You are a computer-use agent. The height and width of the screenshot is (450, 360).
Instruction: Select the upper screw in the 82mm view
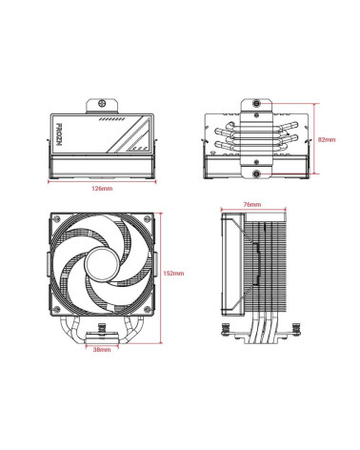257,102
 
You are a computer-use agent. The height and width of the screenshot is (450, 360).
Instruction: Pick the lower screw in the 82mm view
257,174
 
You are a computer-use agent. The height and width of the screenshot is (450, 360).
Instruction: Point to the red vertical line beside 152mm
160,273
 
